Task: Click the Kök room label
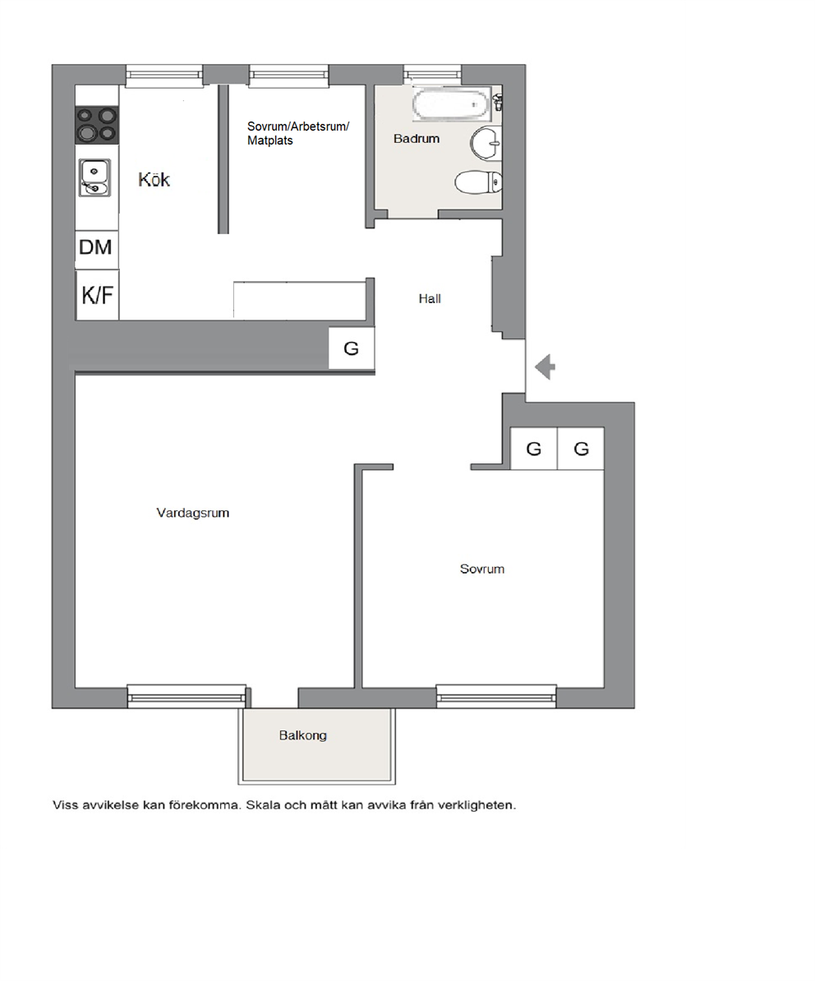click(154, 180)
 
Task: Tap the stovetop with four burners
click(97, 125)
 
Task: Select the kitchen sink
click(94, 177)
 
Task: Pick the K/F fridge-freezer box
click(97, 295)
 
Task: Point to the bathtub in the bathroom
click(452, 104)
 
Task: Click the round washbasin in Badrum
click(486, 143)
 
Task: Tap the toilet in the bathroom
click(478, 182)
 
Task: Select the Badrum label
click(417, 139)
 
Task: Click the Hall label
click(430, 299)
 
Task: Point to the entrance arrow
click(546, 366)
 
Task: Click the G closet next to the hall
click(352, 348)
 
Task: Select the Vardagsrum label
click(192, 513)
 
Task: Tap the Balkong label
click(302, 735)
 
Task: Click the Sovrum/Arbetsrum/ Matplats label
click(297, 133)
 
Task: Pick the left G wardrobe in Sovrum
click(533, 449)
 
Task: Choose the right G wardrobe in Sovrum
click(581, 449)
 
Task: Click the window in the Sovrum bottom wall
click(496, 697)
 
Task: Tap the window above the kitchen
click(164, 76)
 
